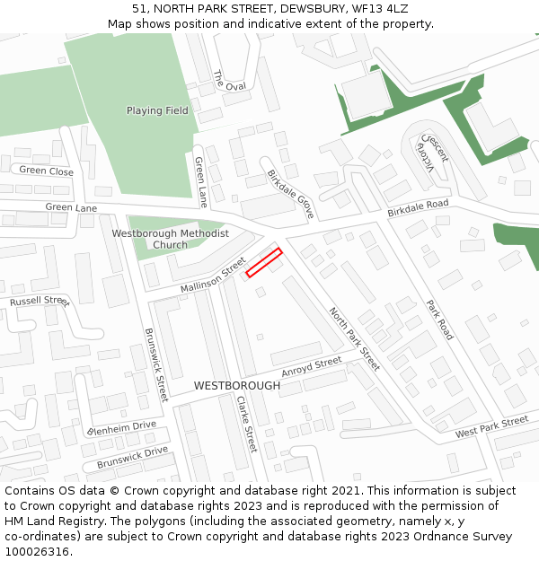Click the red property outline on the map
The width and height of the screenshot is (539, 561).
(264, 262)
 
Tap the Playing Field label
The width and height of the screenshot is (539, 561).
(157, 110)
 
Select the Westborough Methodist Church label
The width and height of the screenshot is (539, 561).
(170, 239)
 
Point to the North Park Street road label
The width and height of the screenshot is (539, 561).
(354, 338)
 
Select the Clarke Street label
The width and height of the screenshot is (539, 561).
(246, 424)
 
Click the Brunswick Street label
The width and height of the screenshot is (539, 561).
(156, 364)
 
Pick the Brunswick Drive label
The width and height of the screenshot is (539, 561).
(132, 457)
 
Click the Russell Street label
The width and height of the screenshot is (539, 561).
(40, 302)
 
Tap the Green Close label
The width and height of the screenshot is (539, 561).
(47, 171)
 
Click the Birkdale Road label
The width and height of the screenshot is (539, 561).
(418, 208)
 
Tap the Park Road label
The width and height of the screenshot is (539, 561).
(440, 320)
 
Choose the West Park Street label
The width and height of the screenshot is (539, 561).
(491, 426)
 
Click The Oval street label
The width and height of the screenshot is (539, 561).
(229, 81)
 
